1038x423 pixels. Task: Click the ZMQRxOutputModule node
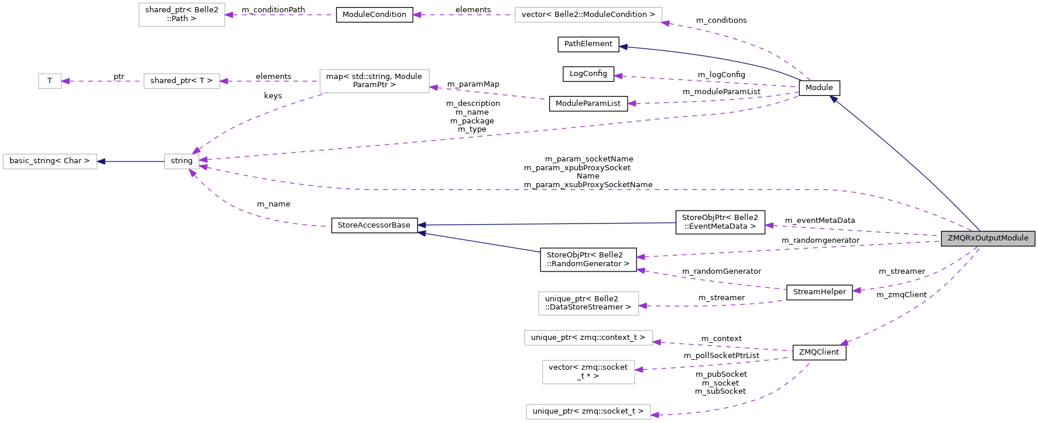pyautogui.click(x=988, y=238)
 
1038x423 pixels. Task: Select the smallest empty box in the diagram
pyautogui.click(x=50, y=81)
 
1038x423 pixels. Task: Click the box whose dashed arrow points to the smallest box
pyautogui.click(x=181, y=81)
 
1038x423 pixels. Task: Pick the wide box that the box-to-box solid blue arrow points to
pyautogui.click(x=50, y=161)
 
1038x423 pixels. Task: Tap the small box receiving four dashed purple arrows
pyautogui.click(x=181, y=161)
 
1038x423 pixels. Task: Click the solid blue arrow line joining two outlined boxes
pyautogui.click(x=131, y=161)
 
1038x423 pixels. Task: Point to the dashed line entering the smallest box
pyautogui.click(x=102, y=81)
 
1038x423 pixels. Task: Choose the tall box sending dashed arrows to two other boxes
pyautogui.click(x=374, y=81)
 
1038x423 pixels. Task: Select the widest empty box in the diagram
pyautogui.click(x=588, y=15)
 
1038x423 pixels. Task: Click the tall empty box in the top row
pyautogui.click(x=181, y=15)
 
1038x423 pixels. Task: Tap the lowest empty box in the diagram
pyautogui.click(x=588, y=412)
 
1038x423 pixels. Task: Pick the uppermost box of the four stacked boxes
pyautogui.click(x=588, y=303)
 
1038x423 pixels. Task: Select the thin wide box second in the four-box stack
pyautogui.click(x=588, y=338)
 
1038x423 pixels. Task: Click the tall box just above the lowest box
pyautogui.click(x=588, y=372)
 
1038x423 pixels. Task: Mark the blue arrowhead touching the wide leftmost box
pyautogui.click(x=101, y=161)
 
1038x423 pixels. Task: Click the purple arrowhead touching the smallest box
pyautogui.click(x=66, y=81)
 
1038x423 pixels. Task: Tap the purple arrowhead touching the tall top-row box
pyautogui.click(x=229, y=15)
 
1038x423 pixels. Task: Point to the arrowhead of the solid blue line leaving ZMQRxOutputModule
pyautogui.click(x=833, y=99)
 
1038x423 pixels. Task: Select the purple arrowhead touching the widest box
pyautogui.click(x=665, y=23)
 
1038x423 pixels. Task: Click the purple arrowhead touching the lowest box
pyautogui.click(x=655, y=415)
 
